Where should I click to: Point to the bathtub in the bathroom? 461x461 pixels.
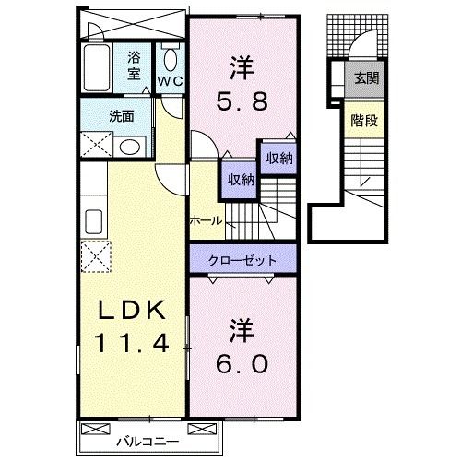tap(99, 67)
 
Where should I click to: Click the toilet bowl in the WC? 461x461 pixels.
tap(169, 59)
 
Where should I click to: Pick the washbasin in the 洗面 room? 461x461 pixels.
tap(130, 147)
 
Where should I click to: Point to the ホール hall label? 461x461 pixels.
tap(205, 221)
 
